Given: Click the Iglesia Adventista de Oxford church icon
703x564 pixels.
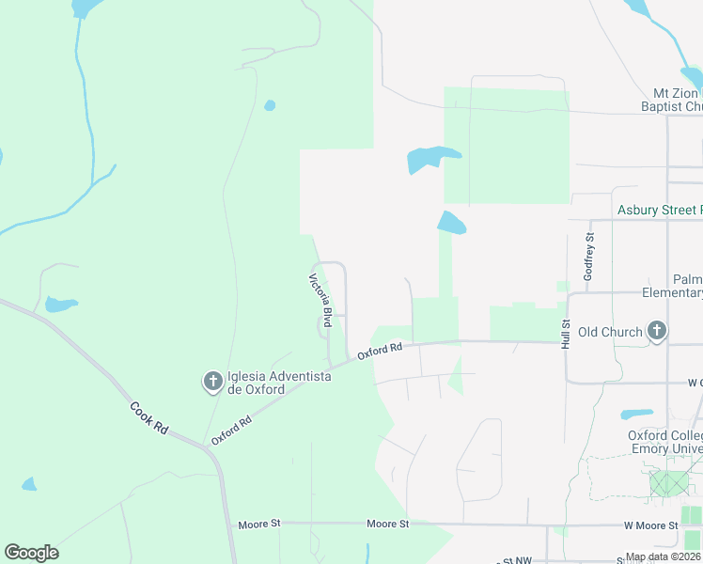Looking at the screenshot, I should pos(213,382).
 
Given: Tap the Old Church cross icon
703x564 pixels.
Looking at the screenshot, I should pos(657,331).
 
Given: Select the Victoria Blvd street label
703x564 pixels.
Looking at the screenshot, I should pos(321,300).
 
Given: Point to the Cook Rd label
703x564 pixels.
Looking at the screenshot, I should pos(148,418).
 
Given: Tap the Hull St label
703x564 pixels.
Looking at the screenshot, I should pos(566,335).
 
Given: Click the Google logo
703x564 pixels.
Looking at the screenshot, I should pos(31,553).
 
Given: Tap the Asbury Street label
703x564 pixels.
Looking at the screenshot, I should pos(659,211).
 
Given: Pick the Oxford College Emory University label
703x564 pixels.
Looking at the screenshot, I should pos(664,442).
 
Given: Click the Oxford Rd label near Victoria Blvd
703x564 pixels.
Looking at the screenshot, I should pos(380,352).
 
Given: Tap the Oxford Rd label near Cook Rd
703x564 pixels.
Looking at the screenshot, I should pos(233,430).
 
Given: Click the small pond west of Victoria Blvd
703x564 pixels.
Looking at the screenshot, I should pos(60,305).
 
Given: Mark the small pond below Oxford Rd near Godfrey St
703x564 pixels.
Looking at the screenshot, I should pos(636,414).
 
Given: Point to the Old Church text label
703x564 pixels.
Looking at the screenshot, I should pos(610,332).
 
